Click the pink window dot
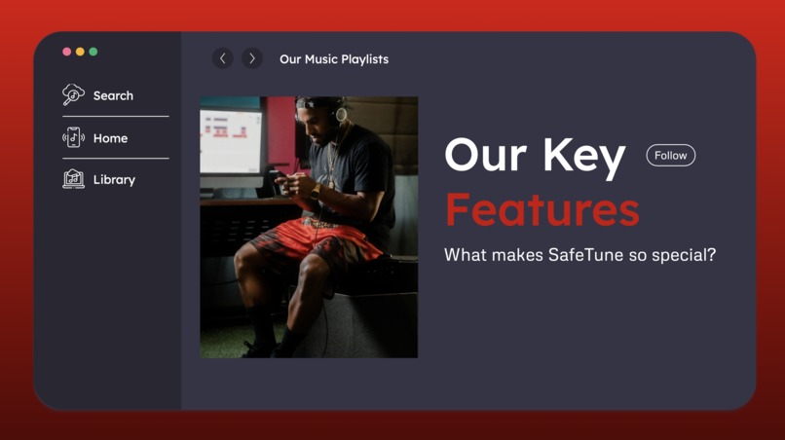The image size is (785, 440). click(66, 52)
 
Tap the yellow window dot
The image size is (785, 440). click(80, 52)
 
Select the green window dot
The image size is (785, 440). click(93, 52)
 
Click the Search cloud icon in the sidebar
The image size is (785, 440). click(73, 94)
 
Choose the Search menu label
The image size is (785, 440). click(113, 95)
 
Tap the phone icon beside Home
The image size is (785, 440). click(73, 137)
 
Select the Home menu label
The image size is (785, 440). click(110, 138)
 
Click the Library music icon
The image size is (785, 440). click(73, 179)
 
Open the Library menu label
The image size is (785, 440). click(114, 180)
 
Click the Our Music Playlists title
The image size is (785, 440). click(334, 59)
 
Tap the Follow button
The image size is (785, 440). click(670, 156)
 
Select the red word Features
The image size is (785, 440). click(542, 209)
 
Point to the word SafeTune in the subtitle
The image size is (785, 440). click(574, 255)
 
